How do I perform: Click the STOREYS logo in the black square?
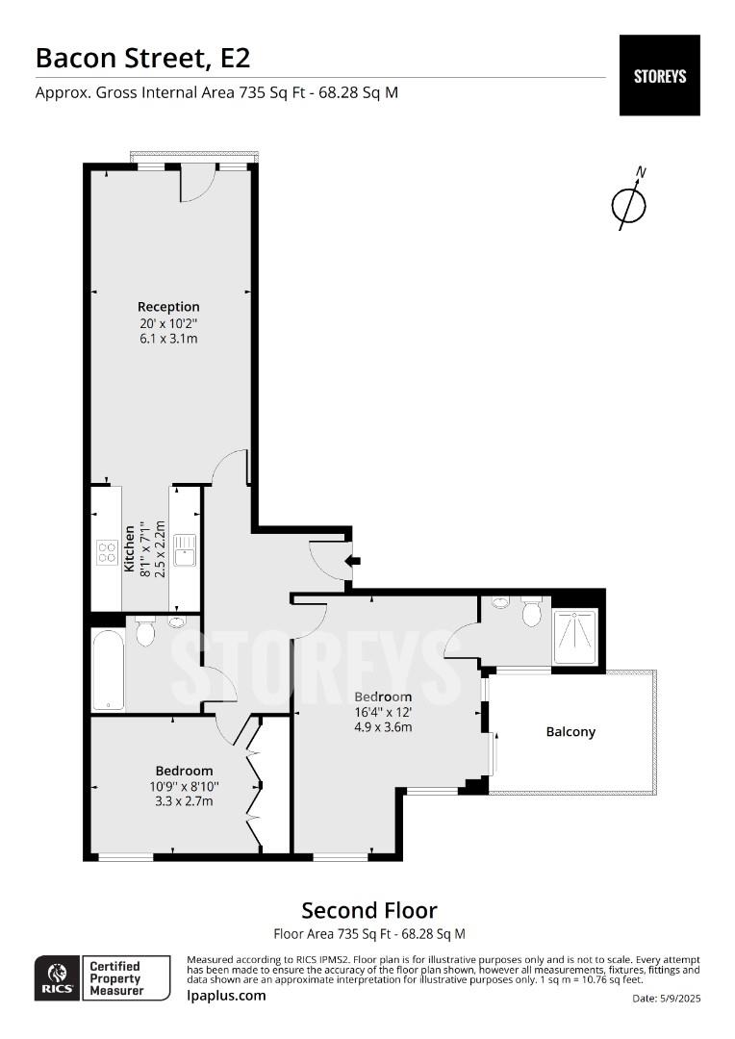click(x=659, y=75)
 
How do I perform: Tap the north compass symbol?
click(x=630, y=203)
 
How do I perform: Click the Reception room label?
click(x=168, y=307)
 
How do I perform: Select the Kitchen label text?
click(x=129, y=548)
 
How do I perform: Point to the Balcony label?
click(x=570, y=732)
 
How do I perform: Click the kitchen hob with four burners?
click(x=107, y=552)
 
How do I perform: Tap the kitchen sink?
click(x=184, y=549)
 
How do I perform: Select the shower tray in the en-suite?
click(x=574, y=636)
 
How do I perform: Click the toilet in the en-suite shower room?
click(x=531, y=613)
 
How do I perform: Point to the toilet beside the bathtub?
click(x=146, y=631)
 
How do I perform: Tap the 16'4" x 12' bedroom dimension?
click(x=383, y=712)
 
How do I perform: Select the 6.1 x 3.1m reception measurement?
click(x=168, y=339)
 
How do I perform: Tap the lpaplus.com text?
click(x=226, y=996)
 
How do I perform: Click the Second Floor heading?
click(x=369, y=910)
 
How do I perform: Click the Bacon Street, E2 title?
click(x=142, y=58)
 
